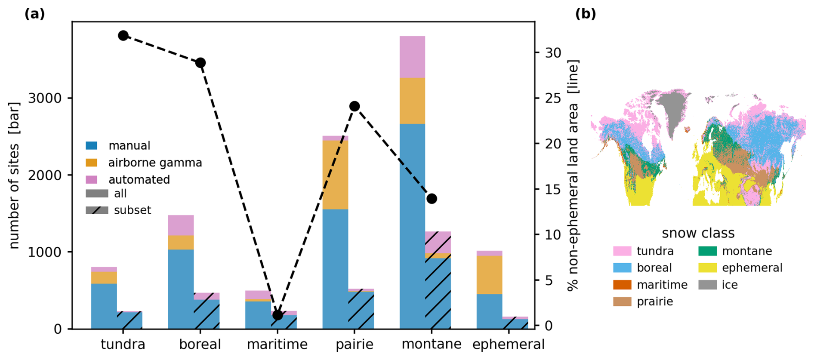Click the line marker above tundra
[x=123, y=36]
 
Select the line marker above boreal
[x=200, y=63]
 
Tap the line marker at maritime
[x=277, y=315]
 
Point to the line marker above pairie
[x=355, y=106]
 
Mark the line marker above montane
[x=432, y=199]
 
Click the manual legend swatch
[x=92, y=146]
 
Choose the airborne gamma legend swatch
[x=92, y=163]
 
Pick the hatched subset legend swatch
[x=97, y=210]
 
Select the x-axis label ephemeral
[x=509, y=345]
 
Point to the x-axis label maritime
[x=277, y=345]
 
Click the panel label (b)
[x=586, y=14]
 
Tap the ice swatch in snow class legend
[x=708, y=285]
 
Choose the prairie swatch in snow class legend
[x=622, y=302]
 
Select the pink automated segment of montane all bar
[x=412, y=57]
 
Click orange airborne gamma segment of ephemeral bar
[x=489, y=275]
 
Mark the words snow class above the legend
[x=698, y=233]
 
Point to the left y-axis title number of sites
[x=14, y=175]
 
